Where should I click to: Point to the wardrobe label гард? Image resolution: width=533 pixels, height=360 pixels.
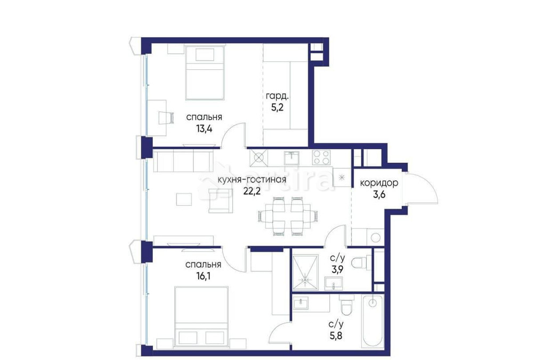[x=277, y=97]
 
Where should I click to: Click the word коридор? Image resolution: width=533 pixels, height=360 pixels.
[x=379, y=183]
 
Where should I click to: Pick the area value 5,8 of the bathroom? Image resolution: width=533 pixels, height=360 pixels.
[x=335, y=338]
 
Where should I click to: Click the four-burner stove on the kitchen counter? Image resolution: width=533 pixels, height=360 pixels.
[x=320, y=157]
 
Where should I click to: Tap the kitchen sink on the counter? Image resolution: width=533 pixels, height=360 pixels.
[x=290, y=157]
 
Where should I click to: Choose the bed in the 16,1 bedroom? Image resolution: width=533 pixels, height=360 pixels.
[x=202, y=315]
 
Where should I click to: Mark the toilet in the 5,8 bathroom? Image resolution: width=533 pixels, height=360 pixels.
[x=346, y=307]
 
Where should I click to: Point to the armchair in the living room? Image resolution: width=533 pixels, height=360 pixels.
[x=220, y=200]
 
